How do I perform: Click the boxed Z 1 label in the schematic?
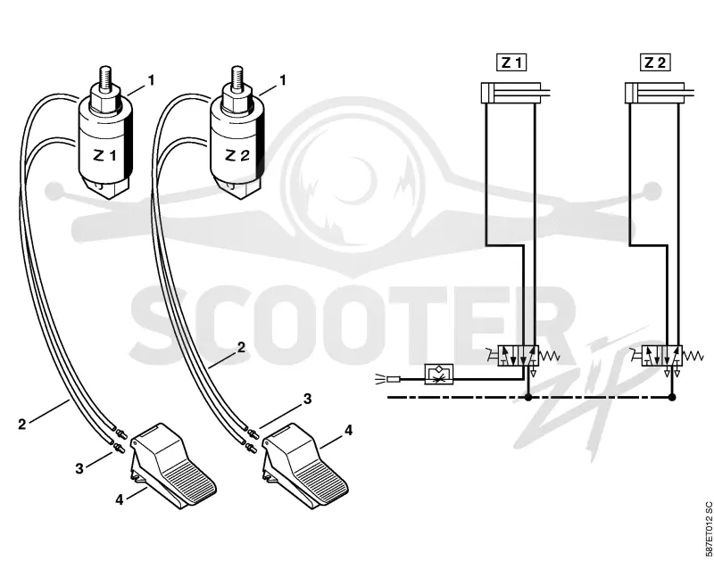point(511,62)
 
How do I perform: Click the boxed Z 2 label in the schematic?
point(655,62)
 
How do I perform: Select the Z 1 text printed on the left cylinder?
point(104,156)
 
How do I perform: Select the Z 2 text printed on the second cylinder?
point(237,156)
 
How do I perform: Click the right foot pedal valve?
point(305,465)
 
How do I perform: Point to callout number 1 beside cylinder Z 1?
point(151,80)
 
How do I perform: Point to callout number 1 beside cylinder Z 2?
point(282,80)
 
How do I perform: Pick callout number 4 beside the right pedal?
point(348,430)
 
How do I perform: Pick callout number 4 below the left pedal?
point(120,499)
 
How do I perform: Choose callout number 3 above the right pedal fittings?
point(308,399)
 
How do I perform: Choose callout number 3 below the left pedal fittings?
point(79,468)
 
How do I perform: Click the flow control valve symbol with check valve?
point(439,374)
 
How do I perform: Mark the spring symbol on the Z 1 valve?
point(549,356)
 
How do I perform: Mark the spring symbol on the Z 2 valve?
point(693,356)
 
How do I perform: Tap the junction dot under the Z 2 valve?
point(672,397)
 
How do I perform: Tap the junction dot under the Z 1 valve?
point(528,397)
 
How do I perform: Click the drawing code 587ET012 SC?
point(708,529)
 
